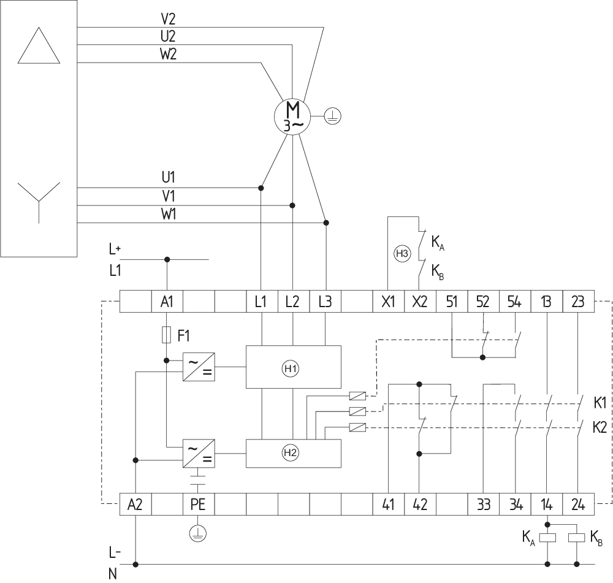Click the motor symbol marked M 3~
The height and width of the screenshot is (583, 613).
[292, 116]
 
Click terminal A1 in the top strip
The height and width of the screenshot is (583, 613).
[167, 302]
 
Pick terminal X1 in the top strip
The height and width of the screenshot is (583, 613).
[388, 302]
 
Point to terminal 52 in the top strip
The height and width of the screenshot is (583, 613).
[483, 302]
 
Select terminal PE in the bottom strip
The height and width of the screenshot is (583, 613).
[198, 505]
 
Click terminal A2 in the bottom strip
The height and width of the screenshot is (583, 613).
[135, 505]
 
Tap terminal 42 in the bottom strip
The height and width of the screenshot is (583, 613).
[420, 505]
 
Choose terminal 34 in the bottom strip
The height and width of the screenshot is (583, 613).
[515, 505]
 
